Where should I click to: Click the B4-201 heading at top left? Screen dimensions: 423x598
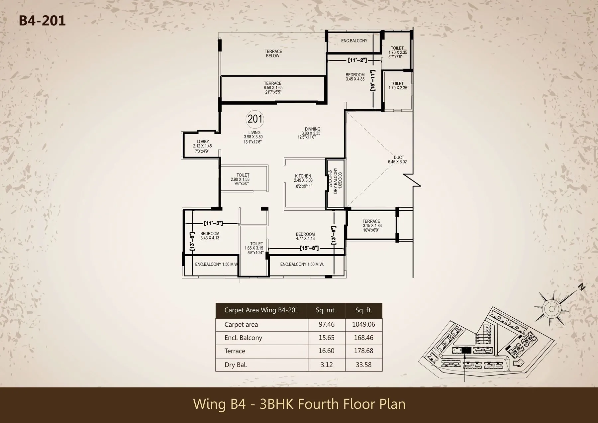42,21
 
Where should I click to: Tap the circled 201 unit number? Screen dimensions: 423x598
255,119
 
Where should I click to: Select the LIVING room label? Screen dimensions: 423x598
254,133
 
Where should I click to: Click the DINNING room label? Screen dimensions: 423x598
312,129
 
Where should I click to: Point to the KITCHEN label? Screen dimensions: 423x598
303,176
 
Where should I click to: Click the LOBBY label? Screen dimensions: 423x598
203,142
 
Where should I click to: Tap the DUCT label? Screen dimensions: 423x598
399,158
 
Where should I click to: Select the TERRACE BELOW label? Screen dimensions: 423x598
273,53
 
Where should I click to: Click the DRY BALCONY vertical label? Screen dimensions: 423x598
336,181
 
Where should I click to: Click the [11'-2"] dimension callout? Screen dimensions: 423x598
357,60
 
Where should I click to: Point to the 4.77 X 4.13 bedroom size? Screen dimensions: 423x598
305,239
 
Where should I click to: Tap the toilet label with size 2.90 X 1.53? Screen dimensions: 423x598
243,175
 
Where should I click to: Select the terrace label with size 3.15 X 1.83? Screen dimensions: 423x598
371,221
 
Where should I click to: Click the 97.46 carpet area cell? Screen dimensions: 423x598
326,325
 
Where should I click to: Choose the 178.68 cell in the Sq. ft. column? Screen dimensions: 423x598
363,351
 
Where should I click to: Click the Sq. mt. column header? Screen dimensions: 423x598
326,310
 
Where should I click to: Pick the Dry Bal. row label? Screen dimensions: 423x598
236,365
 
